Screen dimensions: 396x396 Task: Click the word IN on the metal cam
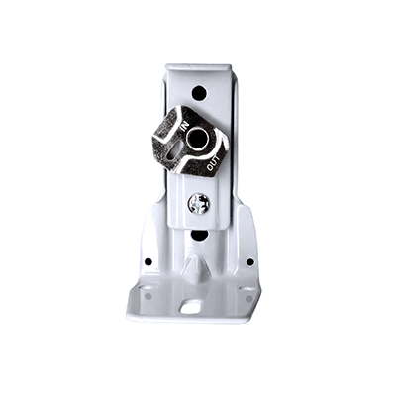[185, 128]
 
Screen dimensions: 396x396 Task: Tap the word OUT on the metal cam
[213, 163]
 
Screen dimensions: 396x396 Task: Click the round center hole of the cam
[196, 138]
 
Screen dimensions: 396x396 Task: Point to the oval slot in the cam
[173, 153]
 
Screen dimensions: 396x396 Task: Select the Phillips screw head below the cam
[198, 203]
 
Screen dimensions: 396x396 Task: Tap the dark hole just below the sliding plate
[199, 235]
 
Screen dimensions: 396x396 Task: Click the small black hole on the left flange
[148, 261]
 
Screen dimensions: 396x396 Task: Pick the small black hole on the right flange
[250, 262]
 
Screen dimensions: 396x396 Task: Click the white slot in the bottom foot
[191, 307]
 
